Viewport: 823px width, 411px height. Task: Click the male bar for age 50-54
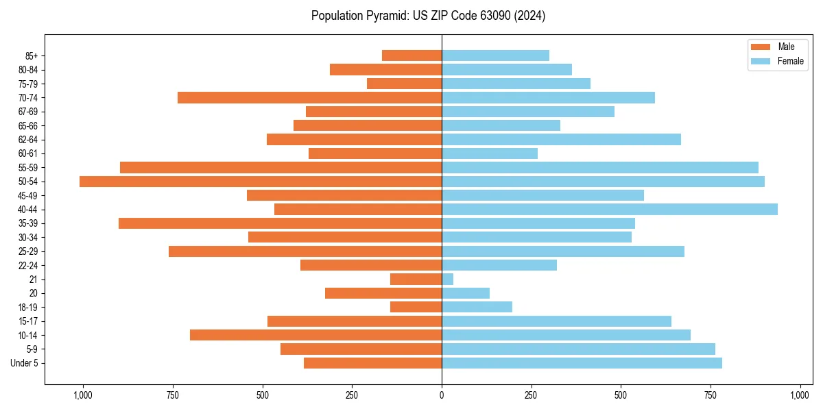click(x=261, y=182)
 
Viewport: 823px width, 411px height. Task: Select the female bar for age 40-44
click(x=610, y=210)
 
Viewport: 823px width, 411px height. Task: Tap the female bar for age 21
click(x=448, y=279)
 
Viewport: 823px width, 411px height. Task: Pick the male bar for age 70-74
click(x=309, y=98)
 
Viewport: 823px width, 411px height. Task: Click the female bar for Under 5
click(x=582, y=363)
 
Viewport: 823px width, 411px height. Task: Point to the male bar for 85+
click(x=411, y=55)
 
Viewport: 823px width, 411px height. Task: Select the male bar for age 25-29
click(x=305, y=251)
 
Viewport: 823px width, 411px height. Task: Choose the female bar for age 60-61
click(x=490, y=153)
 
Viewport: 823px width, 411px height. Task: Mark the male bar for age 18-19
click(x=416, y=307)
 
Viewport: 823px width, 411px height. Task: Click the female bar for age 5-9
click(x=578, y=349)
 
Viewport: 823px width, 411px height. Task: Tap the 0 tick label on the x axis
click(x=442, y=396)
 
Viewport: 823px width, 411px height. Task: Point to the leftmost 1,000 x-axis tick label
click(x=83, y=396)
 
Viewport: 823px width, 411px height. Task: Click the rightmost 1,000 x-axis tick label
click(x=800, y=396)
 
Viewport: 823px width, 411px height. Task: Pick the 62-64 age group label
click(x=28, y=140)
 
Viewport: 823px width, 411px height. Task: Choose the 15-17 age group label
click(x=28, y=321)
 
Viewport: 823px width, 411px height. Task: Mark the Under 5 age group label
click(x=25, y=363)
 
